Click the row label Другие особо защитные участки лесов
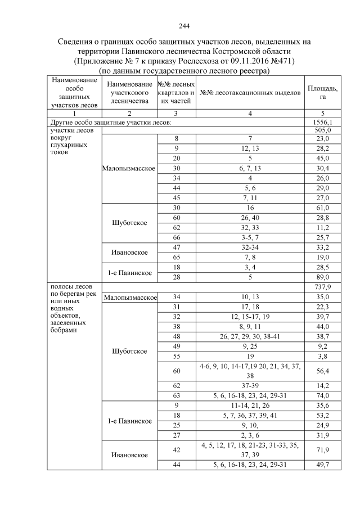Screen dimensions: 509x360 pos(111,121)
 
